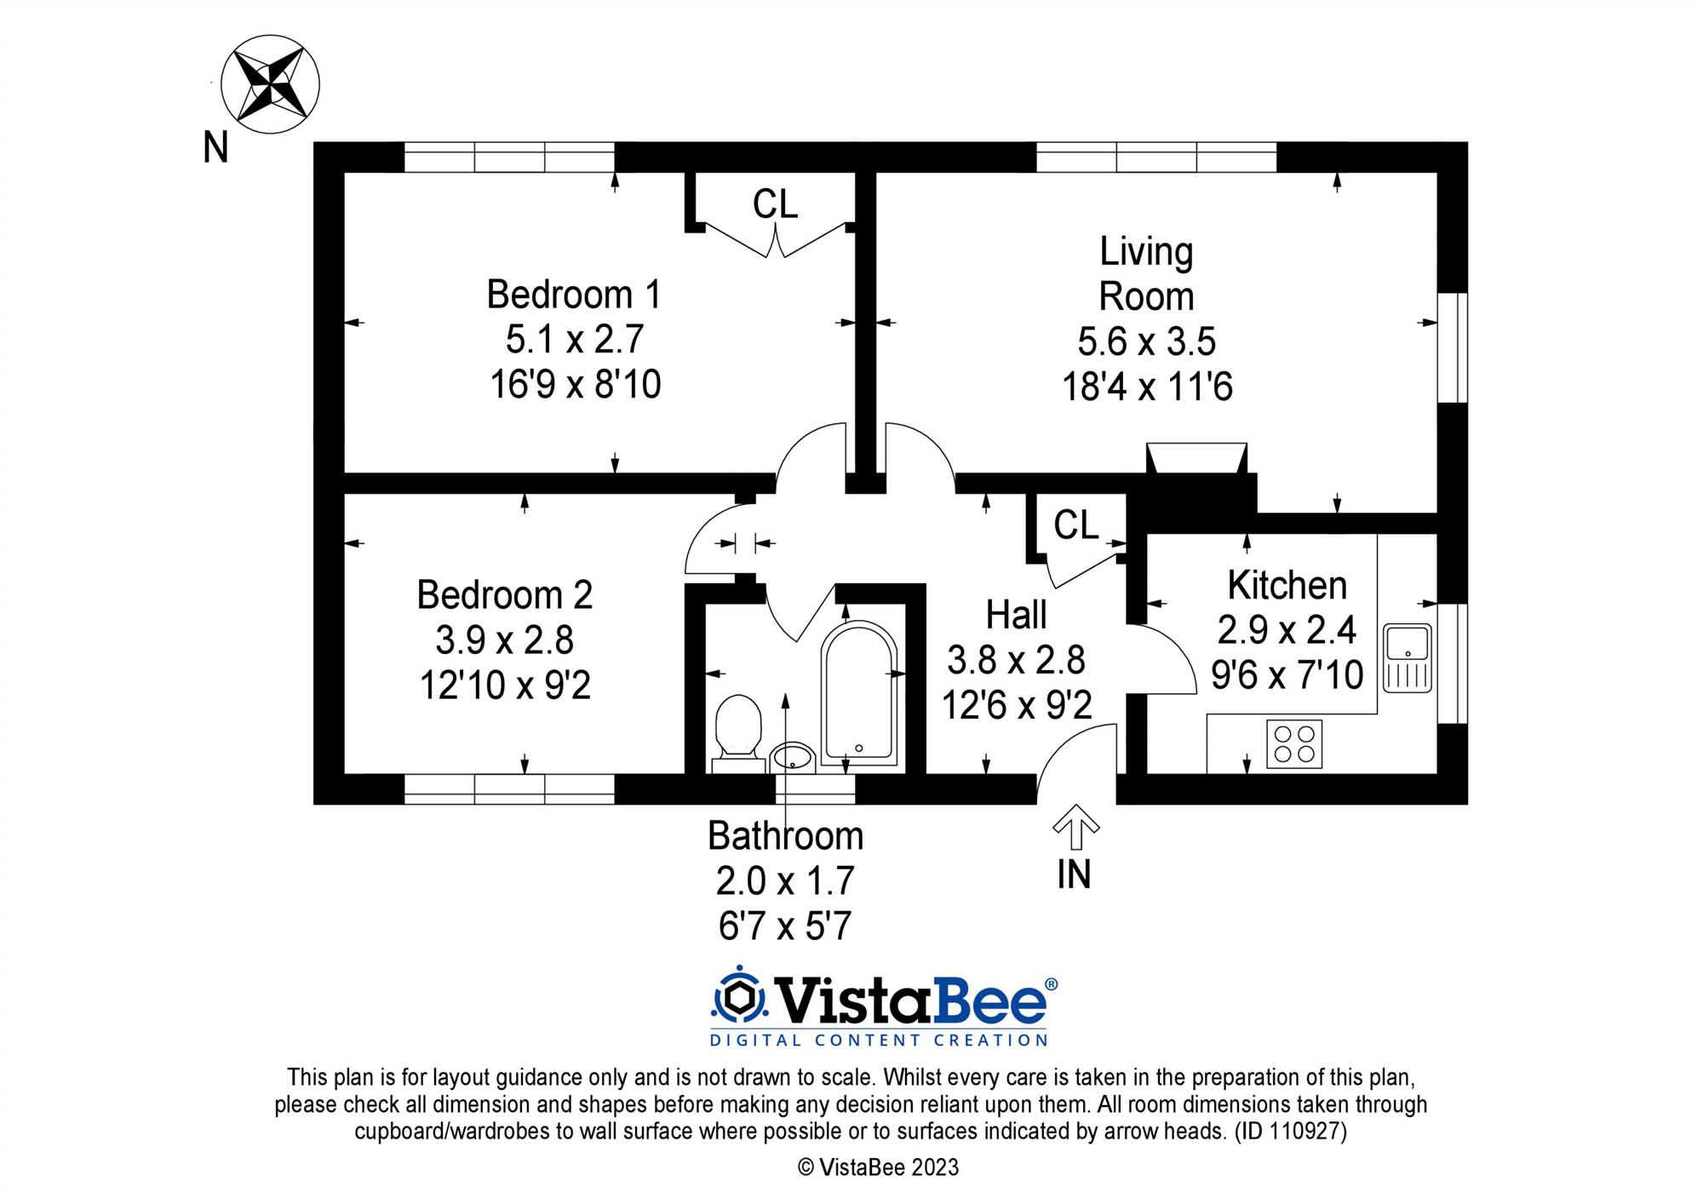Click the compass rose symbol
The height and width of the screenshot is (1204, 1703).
(270, 84)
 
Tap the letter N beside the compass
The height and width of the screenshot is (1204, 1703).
(215, 148)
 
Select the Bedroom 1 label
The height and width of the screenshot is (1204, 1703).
(574, 295)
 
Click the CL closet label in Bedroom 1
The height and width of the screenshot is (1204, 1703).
(775, 204)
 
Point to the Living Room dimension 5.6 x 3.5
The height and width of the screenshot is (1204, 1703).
(1146, 341)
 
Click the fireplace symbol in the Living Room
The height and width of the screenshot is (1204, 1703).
(1196, 458)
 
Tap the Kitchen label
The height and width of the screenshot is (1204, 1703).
(1287, 586)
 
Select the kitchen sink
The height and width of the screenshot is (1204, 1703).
(1407, 657)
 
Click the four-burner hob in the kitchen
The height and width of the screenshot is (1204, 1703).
(1294, 743)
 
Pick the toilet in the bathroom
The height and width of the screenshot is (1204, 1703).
(738, 728)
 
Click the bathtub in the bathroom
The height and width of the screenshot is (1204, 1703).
(858, 691)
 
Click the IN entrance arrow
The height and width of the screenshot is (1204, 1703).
(1075, 828)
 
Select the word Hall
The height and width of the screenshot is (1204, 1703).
(1017, 616)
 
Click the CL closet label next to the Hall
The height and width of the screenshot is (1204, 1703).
(1075, 525)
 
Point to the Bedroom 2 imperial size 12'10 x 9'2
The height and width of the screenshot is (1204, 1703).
(505, 685)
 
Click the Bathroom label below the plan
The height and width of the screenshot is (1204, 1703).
(785, 836)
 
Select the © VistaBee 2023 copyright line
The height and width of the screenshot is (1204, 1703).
(878, 1167)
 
